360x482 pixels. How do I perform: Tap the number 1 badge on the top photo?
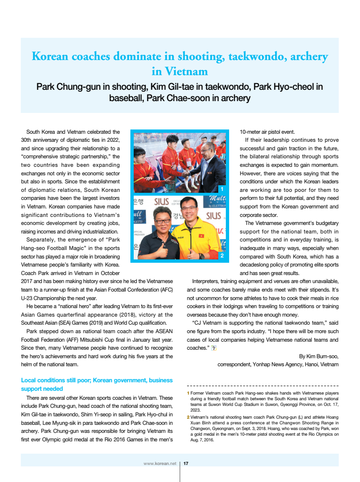[x=222, y=189]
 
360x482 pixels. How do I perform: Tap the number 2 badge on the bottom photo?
[x=222, y=256]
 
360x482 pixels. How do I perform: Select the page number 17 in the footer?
[x=186, y=463]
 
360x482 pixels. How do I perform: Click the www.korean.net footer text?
[x=160, y=463]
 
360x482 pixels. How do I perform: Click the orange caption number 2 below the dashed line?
[x=188, y=417]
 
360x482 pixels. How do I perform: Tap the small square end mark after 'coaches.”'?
[x=213, y=348]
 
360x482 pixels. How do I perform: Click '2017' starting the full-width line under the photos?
[x=27, y=281]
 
